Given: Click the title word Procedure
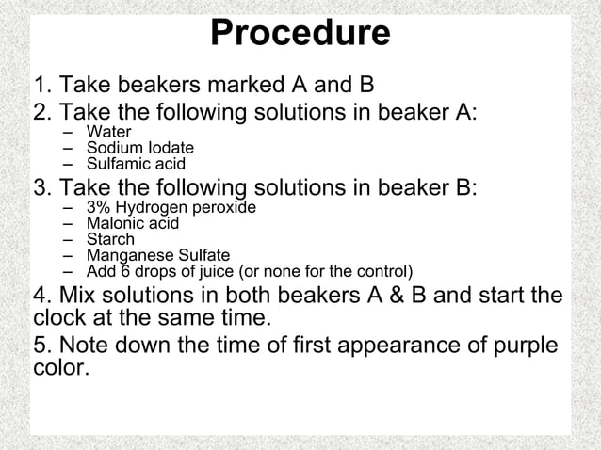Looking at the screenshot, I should pos(300,33).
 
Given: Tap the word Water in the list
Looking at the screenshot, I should pos(108,133).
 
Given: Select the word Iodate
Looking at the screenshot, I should pos(169,148).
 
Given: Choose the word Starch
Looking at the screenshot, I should pos(110,239).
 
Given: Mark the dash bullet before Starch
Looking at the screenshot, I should pos(69,239).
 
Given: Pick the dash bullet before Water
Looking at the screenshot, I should pos(69,133).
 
